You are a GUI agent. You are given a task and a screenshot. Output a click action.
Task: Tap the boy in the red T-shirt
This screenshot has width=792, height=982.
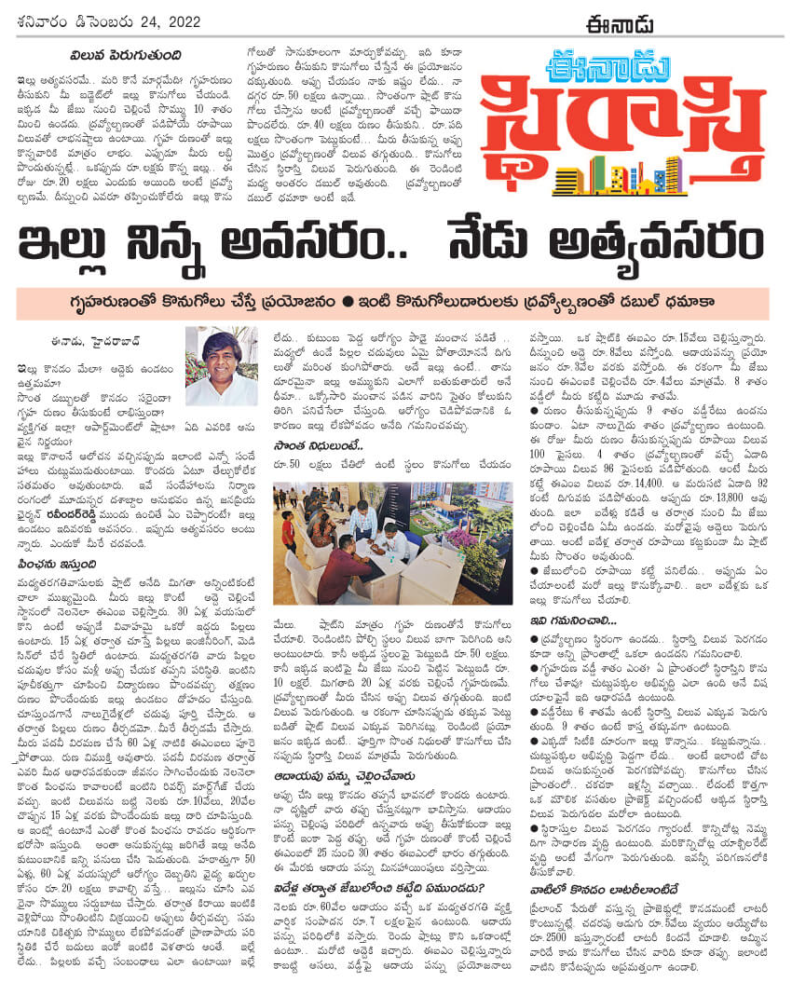pyautogui.click(x=288, y=531)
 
